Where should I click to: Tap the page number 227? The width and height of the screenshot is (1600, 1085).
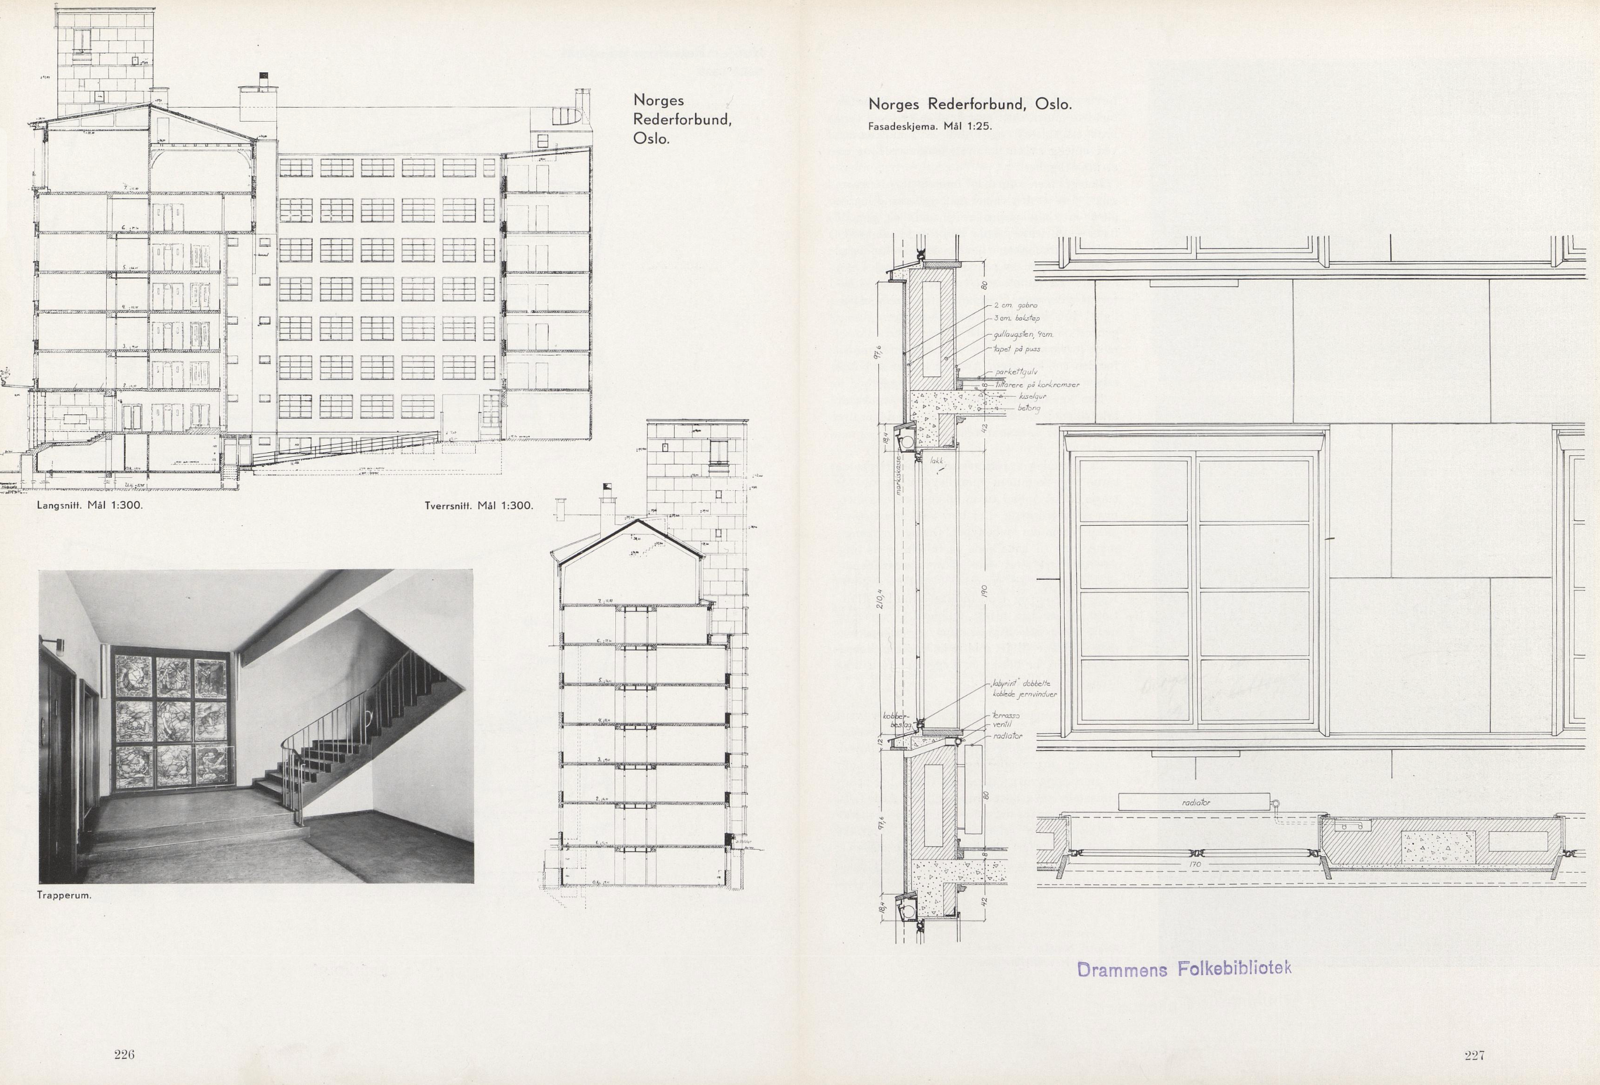(1474, 1055)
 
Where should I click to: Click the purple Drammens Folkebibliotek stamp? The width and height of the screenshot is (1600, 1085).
(1184, 968)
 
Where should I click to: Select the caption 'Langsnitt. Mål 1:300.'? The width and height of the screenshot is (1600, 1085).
(89, 506)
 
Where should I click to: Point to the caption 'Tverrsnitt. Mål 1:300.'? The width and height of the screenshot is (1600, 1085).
(479, 506)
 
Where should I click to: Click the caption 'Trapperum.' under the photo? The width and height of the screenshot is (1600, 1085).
(64, 896)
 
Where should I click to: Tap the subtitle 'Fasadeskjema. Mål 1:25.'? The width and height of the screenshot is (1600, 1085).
(929, 126)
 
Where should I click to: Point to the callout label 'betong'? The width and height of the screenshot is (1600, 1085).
(1029, 408)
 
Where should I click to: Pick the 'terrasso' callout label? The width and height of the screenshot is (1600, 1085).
(1006, 716)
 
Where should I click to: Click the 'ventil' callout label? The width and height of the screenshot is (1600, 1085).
(1001, 724)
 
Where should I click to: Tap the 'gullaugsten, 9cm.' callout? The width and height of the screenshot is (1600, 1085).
(1022, 335)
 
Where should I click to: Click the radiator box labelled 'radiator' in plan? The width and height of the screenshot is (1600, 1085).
(1194, 802)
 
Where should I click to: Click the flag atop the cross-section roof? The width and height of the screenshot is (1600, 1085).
(606, 486)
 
